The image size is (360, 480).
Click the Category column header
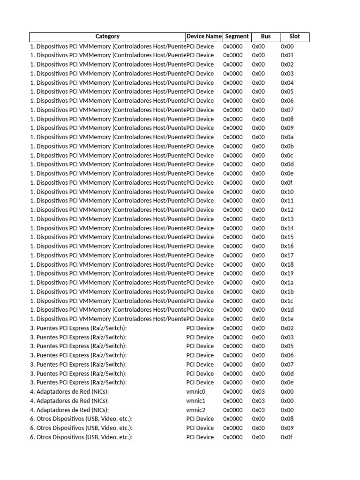click(107, 37)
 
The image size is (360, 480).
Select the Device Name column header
click(204, 37)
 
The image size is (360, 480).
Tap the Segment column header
click(237, 37)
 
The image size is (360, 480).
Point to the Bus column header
click(266, 37)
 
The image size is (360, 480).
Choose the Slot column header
click(294, 37)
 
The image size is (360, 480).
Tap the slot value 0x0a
click(287, 137)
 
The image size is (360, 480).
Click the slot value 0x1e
click(287, 319)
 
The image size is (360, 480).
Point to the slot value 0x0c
click(287, 156)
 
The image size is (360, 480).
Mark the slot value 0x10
click(287, 192)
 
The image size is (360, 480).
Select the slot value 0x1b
click(287, 292)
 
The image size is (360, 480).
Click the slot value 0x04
click(287, 83)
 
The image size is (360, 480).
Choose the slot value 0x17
click(287, 255)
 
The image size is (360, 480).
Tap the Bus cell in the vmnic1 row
click(258, 401)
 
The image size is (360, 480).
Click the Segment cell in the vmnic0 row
click(233, 392)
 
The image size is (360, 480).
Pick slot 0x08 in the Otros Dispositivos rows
click(287, 419)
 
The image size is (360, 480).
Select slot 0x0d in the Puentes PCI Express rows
click(287, 374)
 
